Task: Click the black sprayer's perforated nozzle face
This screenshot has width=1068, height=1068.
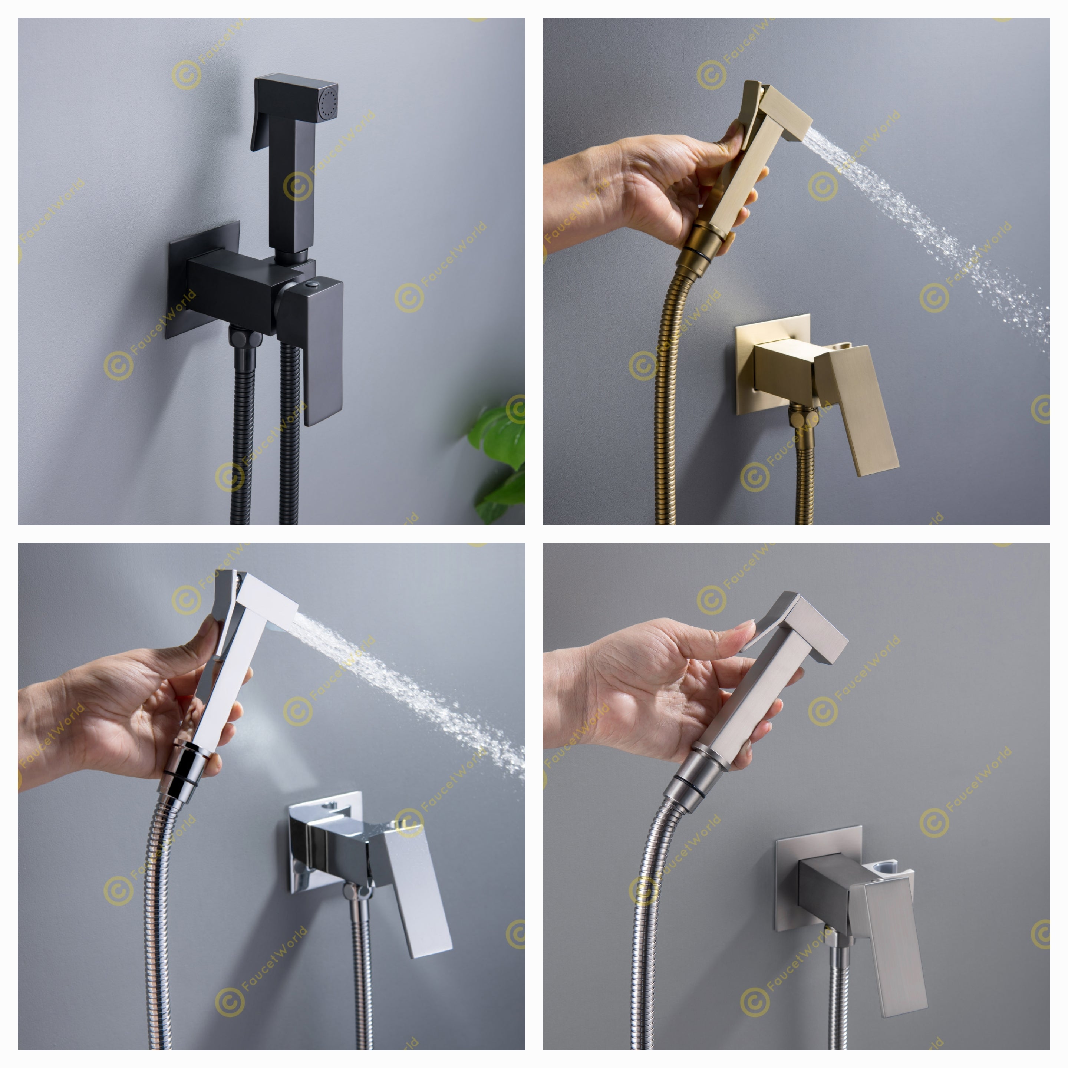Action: pos(328,102)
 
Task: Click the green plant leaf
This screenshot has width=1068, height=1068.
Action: pos(500,437)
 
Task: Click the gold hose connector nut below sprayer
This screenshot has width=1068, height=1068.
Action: pos(702,251)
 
